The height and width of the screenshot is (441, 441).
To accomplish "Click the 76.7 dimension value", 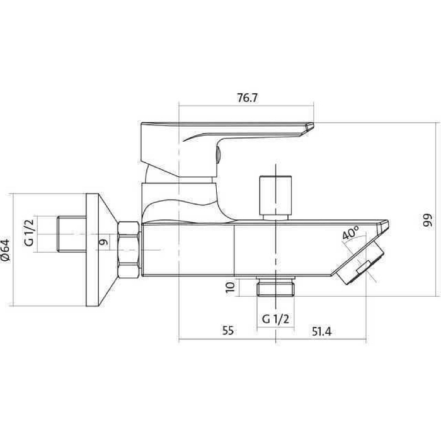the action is (247, 98).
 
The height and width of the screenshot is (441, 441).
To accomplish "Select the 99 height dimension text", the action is (427, 220).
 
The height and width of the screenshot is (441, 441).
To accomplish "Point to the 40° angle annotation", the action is (350, 232).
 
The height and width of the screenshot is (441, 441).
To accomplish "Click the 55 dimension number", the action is (228, 331).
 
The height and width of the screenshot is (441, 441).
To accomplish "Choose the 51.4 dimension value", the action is (322, 331).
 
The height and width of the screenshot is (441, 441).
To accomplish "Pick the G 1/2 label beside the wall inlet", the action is (29, 232).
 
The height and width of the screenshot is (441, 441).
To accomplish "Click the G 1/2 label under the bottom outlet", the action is (275, 319).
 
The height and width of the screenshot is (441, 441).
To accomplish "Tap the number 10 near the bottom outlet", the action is (230, 287).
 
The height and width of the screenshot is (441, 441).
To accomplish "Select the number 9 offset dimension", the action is (103, 241).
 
